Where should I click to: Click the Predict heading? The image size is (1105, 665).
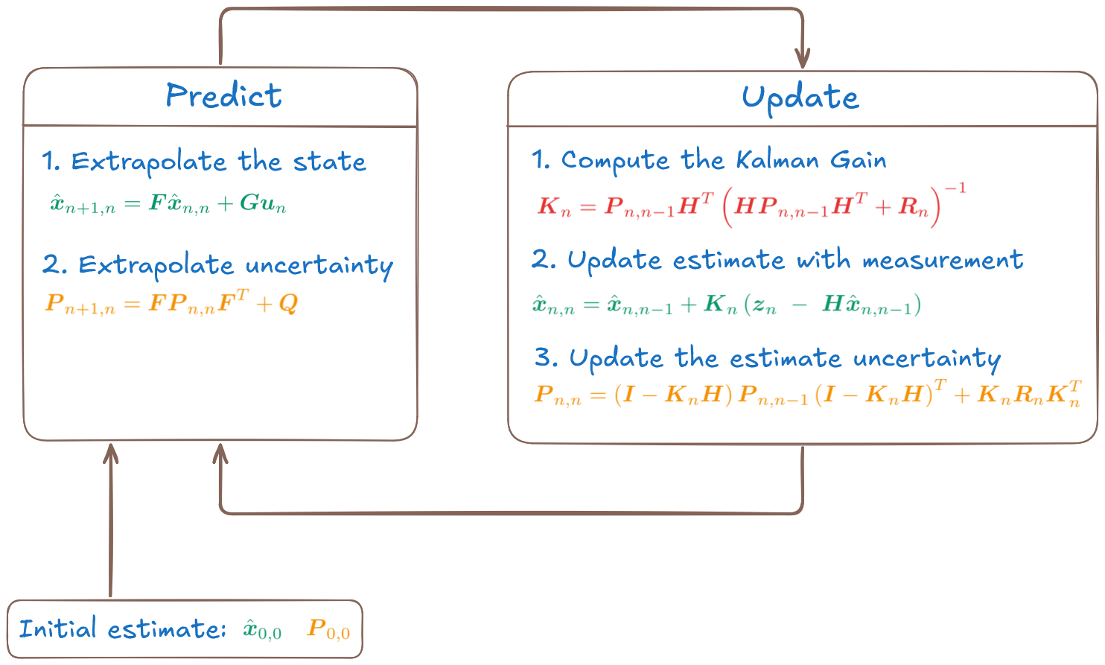pos(223,96)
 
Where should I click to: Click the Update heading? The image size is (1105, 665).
pos(800,98)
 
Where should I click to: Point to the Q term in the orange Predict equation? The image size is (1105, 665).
pos(288,303)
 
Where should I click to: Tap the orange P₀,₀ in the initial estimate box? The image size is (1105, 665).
pos(328,630)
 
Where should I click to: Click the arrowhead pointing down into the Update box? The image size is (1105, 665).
pos(802,58)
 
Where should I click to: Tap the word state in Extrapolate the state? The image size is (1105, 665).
pos(329,162)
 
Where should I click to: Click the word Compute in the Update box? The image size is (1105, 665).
pos(615,160)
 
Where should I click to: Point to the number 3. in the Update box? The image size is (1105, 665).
pos(546,357)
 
